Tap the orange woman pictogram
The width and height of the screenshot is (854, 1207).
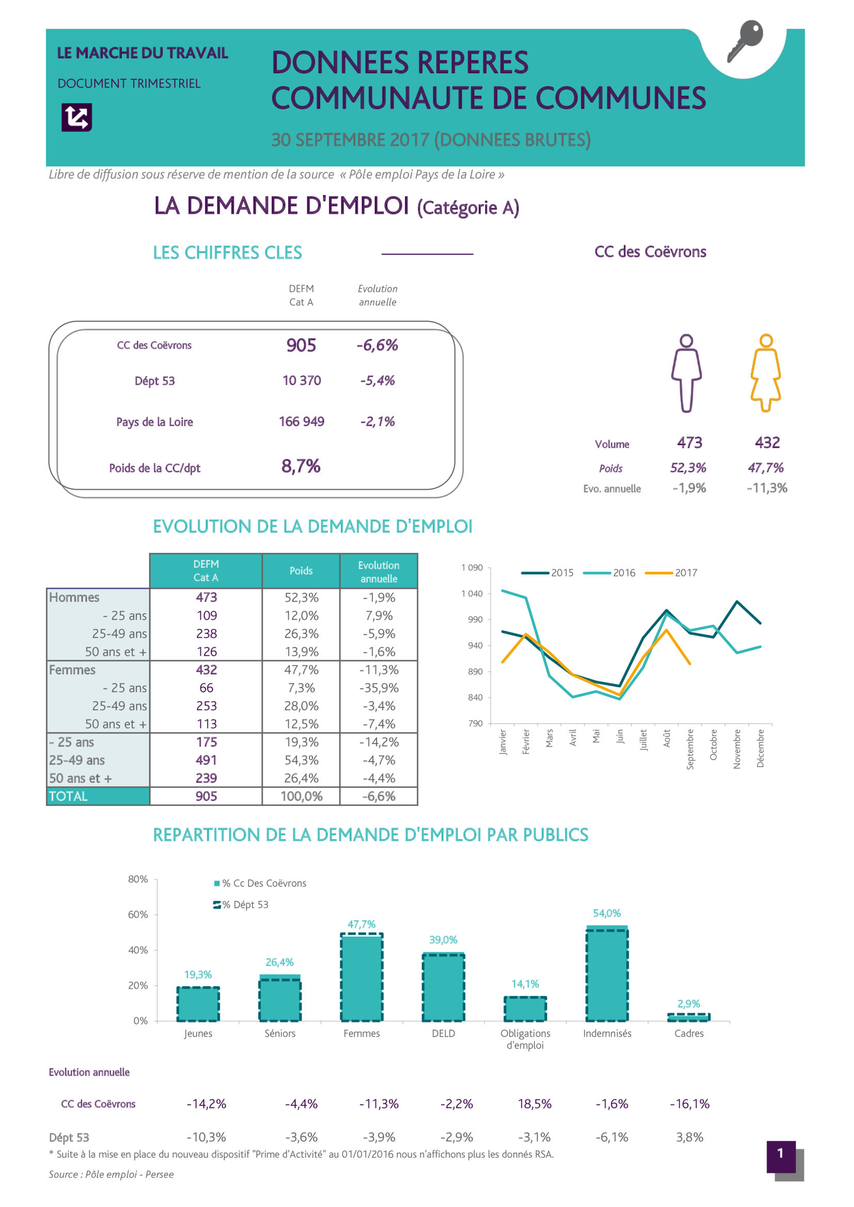(x=766, y=373)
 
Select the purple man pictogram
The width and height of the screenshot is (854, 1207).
(x=686, y=373)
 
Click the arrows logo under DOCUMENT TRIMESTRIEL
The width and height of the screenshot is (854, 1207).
(x=77, y=117)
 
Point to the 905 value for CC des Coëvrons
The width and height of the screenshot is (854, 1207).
(x=302, y=345)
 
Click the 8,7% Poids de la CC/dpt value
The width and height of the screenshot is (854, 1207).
(x=301, y=466)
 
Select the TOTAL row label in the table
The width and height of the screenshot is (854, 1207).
(x=68, y=796)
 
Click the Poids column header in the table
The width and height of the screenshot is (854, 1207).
(x=301, y=571)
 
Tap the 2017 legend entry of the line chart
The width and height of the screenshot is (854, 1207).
(x=673, y=573)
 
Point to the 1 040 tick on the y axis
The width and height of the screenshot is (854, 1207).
(x=472, y=593)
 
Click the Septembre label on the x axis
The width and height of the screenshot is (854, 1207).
(x=690, y=749)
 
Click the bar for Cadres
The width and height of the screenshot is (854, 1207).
(x=689, y=1018)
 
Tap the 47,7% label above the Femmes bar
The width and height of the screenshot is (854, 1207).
(x=361, y=924)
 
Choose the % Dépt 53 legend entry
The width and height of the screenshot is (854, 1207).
(x=242, y=905)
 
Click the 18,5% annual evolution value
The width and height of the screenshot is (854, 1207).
(x=535, y=1104)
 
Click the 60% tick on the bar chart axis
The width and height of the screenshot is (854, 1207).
(x=138, y=915)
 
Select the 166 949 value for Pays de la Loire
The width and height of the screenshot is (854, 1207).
(x=302, y=422)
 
